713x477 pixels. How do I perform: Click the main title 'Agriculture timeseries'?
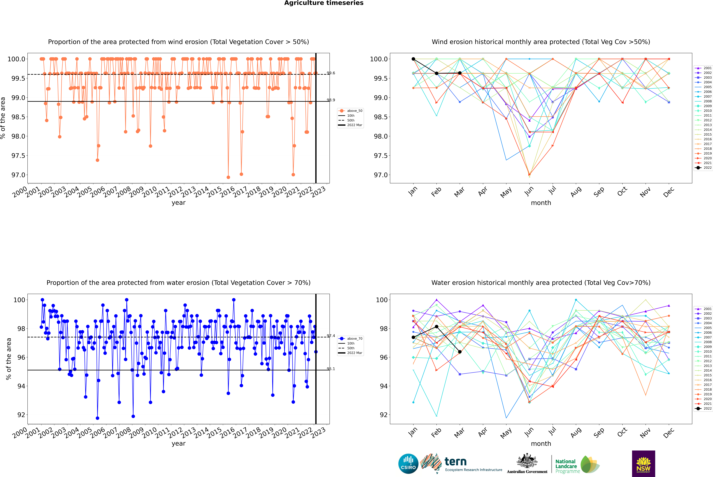coord(324,3)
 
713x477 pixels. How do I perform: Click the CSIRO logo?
coord(408,464)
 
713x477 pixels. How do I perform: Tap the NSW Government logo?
coord(643,464)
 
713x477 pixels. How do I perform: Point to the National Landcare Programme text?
coord(566,466)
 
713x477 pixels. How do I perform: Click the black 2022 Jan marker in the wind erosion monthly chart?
coord(413,59)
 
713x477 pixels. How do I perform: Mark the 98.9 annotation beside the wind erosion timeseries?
coord(331,100)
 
